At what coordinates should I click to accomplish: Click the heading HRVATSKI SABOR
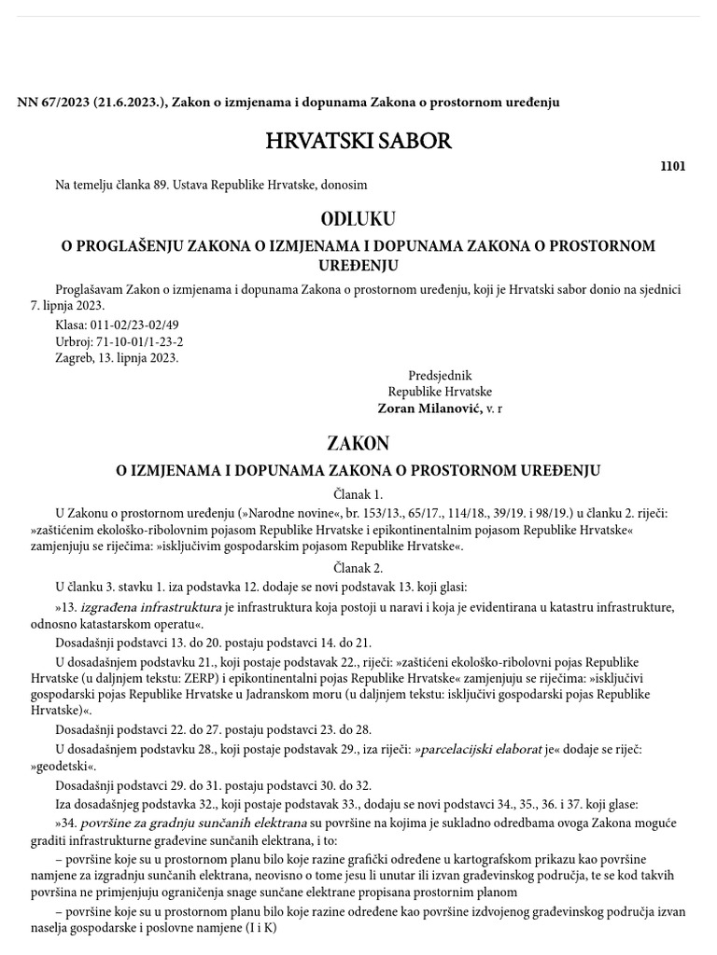click(358, 142)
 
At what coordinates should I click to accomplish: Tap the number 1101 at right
click(672, 166)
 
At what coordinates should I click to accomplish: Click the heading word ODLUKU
click(358, 219)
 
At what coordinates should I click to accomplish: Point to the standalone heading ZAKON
click(358, 443)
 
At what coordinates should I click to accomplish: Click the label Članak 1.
click(358, 494)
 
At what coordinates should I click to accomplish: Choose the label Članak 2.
click(358, 568)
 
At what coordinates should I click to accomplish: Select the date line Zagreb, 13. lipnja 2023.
click(117, 358)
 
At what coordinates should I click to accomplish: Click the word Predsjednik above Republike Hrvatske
click(440, 376)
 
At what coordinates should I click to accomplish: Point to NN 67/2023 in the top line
click(53, 102)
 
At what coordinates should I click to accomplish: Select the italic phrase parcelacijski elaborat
click(479, 749)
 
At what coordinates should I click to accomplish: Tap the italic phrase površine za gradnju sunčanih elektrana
click(193, 823)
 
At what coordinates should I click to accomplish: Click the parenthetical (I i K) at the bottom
click(250, 928)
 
